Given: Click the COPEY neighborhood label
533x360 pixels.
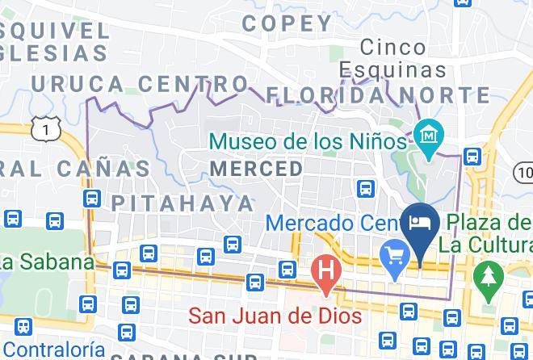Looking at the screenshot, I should (x=287, y=23).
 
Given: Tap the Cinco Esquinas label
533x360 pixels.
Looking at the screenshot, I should (x=392, y=58).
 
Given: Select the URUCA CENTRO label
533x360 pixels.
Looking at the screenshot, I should (x=139, y=83).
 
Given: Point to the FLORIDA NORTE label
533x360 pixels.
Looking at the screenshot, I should (x=378, y=95).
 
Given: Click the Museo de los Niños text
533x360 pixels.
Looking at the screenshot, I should (x=307, y=141).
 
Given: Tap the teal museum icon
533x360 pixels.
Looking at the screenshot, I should (x=426, y=132).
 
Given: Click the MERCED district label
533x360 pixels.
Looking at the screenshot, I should (x=257, y=170).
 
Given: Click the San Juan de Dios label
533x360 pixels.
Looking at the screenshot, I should (x=275, y=316).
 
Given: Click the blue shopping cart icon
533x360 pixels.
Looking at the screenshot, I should (x=396, y=261).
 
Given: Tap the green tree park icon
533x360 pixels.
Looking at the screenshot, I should (x=487, y=275).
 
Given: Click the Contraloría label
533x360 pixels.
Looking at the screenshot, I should (x=52, y=349).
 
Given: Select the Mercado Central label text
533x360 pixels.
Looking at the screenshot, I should (x=331, y=222).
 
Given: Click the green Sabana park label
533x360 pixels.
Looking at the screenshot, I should (x=44, y=262).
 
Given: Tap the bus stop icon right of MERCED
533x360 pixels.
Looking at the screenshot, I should (x=366, y=189).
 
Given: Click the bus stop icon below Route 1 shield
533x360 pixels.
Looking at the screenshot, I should (x=91, y=198).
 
